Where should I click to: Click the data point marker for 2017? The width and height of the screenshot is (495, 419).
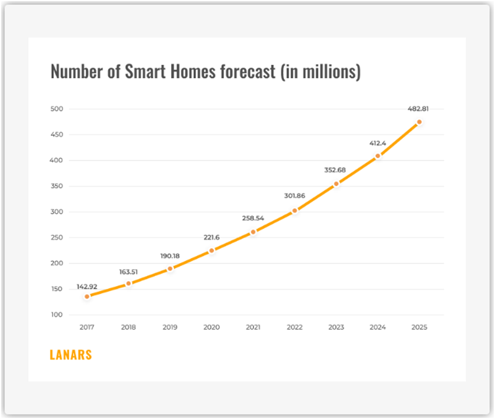pyautogui.click(x=87, y=296)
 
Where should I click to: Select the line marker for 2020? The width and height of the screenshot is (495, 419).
pyautogui.click(x=211, y=250)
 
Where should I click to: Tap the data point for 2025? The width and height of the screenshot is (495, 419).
pyautogui.click(x=419, y=122)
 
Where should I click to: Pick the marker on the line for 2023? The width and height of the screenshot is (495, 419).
pyautogui.click(x=336, y=184)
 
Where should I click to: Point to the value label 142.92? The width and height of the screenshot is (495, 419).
pyautogui.click(x=87, y=287)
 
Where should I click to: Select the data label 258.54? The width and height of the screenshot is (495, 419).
pyautogui.click(x=253, y=218)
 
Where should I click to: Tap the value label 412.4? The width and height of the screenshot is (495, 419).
pyautogui.click(x=378, y=142)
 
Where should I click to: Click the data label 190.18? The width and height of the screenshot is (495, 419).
pyautogui.click(x=170, y=256)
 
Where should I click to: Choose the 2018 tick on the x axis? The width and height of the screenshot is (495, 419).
pyautogui.click(x=128, y=327)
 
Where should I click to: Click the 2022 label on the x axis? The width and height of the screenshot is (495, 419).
pyautogui.click(x=295, y=327)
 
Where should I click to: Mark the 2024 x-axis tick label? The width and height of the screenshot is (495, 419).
pyautogui.click(x=378, y=327)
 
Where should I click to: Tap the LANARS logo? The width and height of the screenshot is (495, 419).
pyautogui.click(x=71, y=355)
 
